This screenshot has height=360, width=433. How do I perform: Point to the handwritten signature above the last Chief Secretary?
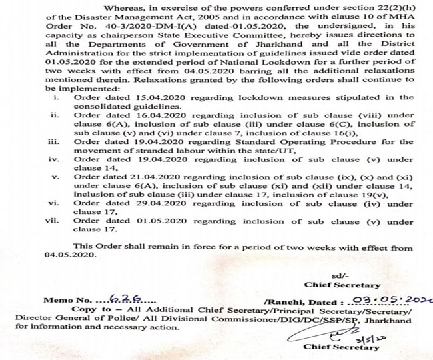tap(326, 333)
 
